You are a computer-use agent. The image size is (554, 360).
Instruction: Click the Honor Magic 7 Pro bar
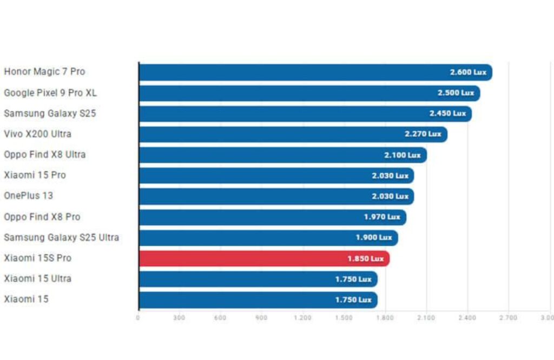coord(315,72)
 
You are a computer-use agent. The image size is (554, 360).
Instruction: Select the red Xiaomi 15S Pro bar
coord(264,259)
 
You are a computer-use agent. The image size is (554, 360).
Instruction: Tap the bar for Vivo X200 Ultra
coord(293,134)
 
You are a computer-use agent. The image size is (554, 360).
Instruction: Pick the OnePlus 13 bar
coord(276,197)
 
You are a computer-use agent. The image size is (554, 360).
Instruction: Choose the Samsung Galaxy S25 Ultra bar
coord(268,238)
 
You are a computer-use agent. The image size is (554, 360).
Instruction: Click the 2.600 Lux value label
coord(468,72)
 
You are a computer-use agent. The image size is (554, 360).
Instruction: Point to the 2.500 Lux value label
coord(456,93)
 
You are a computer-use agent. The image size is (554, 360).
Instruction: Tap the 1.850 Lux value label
coord(365,259)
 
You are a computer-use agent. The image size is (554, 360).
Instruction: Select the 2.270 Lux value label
coord(423,134)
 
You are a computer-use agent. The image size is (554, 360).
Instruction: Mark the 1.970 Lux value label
coord(382,217)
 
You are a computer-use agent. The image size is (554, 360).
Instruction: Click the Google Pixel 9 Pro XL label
coord(50,93)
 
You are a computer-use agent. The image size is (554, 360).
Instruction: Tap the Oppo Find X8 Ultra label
coord(45,155)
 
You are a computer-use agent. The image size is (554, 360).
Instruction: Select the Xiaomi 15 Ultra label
coord(38,279)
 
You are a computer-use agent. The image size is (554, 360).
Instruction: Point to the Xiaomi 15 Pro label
coord(35,175)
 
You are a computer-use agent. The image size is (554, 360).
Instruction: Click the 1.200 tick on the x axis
coord(302,318)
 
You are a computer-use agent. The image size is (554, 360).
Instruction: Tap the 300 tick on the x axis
coord(179,318)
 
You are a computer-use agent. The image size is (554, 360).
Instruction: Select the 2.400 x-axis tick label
coord(467,318)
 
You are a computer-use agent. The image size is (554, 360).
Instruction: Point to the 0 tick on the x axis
coord(138,318)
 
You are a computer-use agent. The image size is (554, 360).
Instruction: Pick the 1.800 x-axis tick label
coord(385,318)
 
